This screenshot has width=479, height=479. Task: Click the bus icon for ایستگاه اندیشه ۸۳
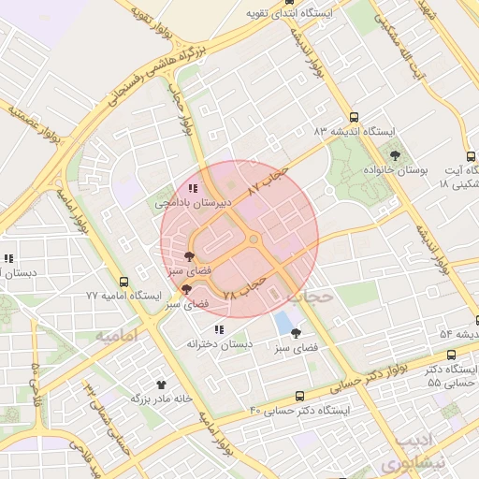click(354, 117)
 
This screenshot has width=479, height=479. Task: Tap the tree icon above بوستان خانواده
click(396, 155)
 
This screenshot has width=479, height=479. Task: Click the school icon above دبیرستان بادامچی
click(193, 189)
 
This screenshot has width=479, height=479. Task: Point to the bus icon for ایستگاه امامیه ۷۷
click(124, 281)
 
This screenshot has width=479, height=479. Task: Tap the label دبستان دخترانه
click(219, 343)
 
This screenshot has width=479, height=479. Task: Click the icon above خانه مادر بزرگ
click(160, 384)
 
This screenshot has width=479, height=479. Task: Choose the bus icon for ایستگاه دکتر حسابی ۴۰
click(299, 396)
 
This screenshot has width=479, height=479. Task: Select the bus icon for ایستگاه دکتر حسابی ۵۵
click(452, 355)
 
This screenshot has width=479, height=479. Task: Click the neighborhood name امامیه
click(116, 334)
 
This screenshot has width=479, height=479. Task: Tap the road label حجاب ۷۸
click(244, 286)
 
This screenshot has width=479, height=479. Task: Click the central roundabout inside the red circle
click(253, 240)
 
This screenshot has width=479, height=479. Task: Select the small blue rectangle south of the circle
click(283, 325)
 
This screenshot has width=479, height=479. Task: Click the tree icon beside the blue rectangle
click(297, 333)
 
